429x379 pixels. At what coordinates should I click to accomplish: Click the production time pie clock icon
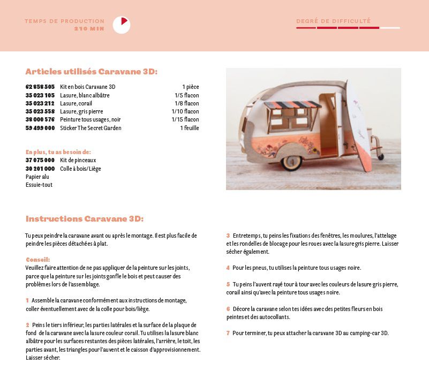(x=122, y=25)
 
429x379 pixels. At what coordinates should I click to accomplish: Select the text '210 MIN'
(x=89, y=28)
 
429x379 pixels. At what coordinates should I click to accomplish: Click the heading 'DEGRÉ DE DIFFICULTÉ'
(x=333, y=21)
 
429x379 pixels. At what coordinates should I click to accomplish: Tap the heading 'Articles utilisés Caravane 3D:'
(x=91, y=72)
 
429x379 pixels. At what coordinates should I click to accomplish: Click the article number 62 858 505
(x=40, y=87)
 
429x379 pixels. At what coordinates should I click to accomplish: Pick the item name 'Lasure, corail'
(x=76, y=103)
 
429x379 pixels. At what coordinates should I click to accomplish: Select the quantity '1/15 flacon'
(x=185, y=119)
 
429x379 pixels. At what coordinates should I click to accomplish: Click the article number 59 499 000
(x=40, y=128)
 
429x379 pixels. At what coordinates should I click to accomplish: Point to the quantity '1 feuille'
(x=189, y=128)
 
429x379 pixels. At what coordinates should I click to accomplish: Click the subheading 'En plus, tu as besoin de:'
(x=58, y=151)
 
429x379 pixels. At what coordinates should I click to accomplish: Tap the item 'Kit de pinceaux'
(x=78, y=160)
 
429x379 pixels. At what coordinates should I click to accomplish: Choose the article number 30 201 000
(x=40, y=169)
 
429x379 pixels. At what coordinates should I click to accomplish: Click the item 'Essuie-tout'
(x=39, y=185)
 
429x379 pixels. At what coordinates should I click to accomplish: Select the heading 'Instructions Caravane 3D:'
(x=85, y=219)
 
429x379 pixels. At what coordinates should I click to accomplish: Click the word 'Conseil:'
(x=37, y=260)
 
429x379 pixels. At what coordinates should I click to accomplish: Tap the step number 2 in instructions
(x=27, y=325)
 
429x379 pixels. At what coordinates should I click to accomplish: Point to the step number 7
(x=228, y=333)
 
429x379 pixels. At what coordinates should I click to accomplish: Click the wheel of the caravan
(x=292, y=162)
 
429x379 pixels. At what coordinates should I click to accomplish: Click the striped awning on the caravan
(x=291, y=104)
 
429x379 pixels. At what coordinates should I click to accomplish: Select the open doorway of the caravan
(x=327, y=123)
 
